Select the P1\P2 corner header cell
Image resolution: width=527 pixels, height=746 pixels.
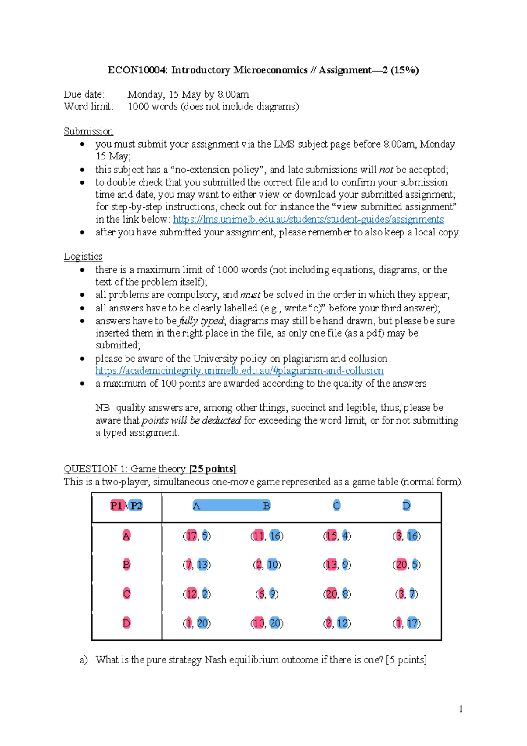(126, 506)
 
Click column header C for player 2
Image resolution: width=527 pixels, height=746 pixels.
(336, 506)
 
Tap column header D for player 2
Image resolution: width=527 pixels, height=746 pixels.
(406, 506)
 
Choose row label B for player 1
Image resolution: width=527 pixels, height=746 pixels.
(126, 565)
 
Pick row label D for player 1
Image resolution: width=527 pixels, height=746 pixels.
(126, 623)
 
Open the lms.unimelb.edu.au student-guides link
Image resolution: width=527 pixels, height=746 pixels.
(308, 219)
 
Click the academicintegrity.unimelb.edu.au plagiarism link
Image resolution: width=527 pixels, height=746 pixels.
(239, 371)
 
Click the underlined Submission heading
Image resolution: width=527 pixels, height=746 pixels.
(88, 131)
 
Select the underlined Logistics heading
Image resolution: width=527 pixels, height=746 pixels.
(83, 257)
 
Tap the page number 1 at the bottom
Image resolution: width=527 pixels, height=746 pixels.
(460, 709)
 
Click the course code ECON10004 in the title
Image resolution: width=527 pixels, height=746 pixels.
(137, 70)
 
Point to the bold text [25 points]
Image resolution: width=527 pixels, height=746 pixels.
(213, 469)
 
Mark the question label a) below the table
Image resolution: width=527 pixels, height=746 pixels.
(83, 660)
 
